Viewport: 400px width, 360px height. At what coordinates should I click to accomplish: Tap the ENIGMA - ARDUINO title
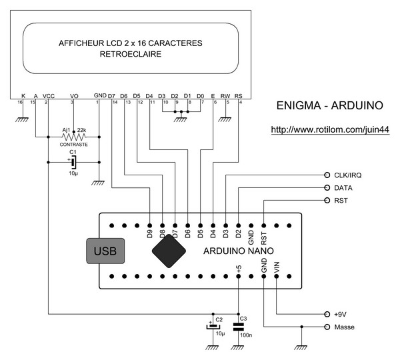tap(329, 105)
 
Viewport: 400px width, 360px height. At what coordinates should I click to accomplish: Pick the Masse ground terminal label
tap(345, 327)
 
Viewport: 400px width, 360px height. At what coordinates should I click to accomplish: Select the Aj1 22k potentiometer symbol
tap(73, 136)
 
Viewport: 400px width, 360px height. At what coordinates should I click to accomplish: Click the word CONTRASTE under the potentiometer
tap(73, 145)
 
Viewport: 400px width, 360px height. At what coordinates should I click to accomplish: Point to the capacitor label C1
tap(73, 152)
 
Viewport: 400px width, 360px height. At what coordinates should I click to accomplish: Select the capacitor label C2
tap(219, 320)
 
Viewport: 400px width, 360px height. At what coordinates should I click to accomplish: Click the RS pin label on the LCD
tap(239, 95)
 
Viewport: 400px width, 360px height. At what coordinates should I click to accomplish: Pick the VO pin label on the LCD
tap(73, 95)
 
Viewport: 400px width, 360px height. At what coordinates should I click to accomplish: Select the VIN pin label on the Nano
tap(277, 265)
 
